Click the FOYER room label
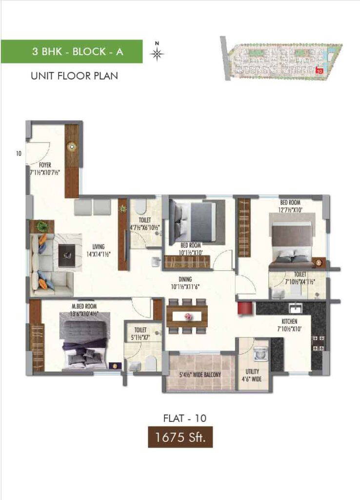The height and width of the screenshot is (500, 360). (45, 165)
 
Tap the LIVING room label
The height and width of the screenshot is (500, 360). (99, 247)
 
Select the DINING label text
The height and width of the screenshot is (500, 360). (185, 279)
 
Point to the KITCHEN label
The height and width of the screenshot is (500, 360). (289, 321)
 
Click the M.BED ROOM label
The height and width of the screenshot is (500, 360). (84, 307)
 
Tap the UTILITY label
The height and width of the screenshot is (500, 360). (252, 372)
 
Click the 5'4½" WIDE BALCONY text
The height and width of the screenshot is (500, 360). (200, 375)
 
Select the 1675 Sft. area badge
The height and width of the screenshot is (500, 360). (180, 437)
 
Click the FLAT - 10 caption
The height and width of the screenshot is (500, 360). (185, 418)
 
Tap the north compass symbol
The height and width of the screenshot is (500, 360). (157, 54)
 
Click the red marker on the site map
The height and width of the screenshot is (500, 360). (319, 71)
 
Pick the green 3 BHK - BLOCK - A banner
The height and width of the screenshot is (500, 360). (72, 51)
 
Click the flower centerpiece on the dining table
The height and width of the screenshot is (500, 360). (187, 316)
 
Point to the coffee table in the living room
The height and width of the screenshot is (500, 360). (67, 255)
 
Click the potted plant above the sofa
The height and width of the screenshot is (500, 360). (42, 227)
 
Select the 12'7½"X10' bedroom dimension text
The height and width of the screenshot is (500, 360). (290, 210)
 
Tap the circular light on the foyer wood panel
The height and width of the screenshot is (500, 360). (72, 146)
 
